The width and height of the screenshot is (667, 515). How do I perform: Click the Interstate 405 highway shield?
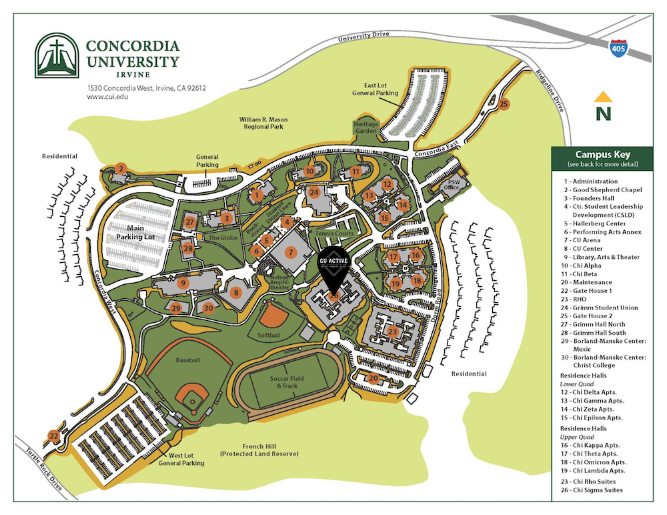618,47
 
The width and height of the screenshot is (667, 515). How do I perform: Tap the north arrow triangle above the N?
604,96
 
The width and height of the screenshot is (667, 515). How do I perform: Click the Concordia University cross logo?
57,56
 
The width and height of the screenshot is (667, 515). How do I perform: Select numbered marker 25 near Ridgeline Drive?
504,103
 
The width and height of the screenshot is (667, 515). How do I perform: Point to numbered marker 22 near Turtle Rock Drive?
53,436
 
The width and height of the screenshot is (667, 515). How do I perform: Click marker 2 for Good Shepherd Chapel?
121,168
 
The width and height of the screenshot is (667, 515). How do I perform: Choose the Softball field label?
269,334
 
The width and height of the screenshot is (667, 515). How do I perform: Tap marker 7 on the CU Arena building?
290,251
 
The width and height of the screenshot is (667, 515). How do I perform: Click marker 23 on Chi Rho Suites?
393,332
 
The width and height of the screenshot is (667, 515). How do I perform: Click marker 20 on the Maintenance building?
374,378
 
